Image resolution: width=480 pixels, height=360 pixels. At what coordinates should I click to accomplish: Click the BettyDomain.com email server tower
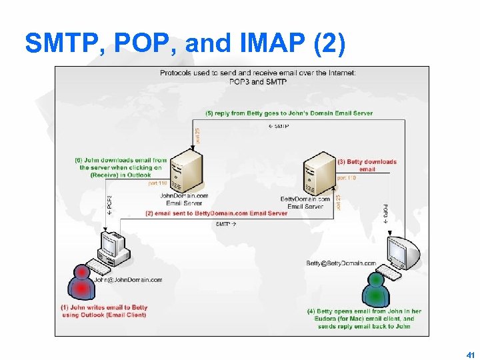tap(319, 173)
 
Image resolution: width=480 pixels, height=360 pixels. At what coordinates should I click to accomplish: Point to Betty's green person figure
tap(376, 287)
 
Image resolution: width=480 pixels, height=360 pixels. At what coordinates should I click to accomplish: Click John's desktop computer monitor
tap(111, 245)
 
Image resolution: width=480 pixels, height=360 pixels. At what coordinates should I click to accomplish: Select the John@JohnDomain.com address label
tap(128, 280)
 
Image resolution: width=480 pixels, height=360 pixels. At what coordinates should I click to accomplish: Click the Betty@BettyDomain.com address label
tap(341, 263)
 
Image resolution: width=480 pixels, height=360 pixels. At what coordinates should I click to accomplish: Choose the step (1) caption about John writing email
tap(104, 311)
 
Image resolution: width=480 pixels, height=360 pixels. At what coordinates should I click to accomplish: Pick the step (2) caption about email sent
tap(217, 213)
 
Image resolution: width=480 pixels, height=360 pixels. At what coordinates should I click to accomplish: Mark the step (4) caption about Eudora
tap(364, 319)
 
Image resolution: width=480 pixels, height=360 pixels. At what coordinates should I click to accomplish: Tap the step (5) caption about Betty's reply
tap(289, 113)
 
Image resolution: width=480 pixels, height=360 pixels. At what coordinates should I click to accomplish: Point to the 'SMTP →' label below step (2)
tap(226, 225)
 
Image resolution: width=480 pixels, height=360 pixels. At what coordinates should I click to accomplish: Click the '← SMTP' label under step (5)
tap(278, 126)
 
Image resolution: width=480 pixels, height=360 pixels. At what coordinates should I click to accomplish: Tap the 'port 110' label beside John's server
tap(157, 183)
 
